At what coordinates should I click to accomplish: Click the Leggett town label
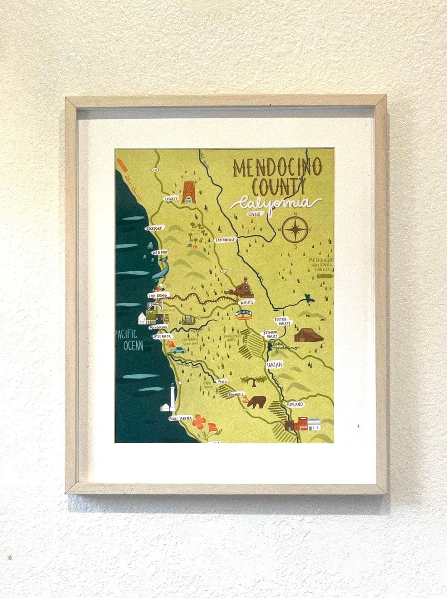[x=171, y=199]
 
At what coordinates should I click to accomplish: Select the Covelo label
[x=254, y=214]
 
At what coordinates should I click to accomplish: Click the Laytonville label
[x=225, y=240]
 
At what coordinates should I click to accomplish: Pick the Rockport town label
[x=154, y=228]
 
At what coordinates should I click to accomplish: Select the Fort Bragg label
[x=158, y=296]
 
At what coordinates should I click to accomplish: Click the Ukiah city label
[x=274, y=364]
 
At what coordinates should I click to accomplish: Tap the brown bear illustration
[x=257, y=401]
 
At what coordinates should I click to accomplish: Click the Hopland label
[x=295, y=404]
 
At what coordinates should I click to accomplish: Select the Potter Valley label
[x=282, y=321]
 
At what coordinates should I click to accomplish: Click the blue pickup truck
[x=178, y=350]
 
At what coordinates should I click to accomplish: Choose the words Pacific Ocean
[x=130, y=340]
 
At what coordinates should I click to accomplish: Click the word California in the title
[x=275, y=203]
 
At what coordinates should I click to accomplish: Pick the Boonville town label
[x=236, y=394]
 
